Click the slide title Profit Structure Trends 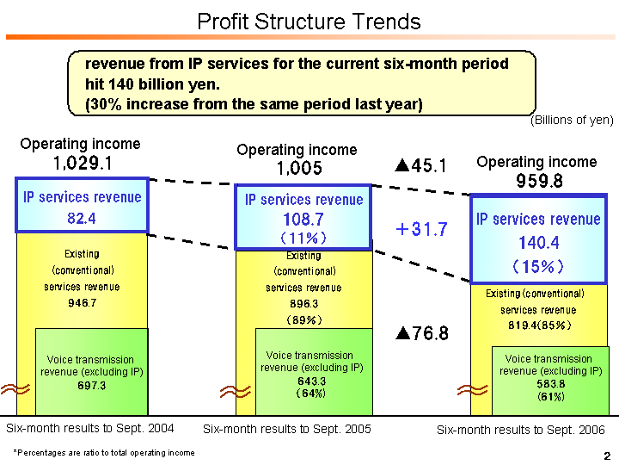309,22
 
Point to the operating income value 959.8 539,181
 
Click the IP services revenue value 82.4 82,219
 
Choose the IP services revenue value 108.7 303,219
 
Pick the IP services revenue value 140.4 538,243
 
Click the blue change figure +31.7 421,229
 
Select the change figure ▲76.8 421,333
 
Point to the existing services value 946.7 82,303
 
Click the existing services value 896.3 303,304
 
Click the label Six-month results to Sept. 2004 90,428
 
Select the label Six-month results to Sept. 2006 521,430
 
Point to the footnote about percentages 103,452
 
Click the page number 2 606,455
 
